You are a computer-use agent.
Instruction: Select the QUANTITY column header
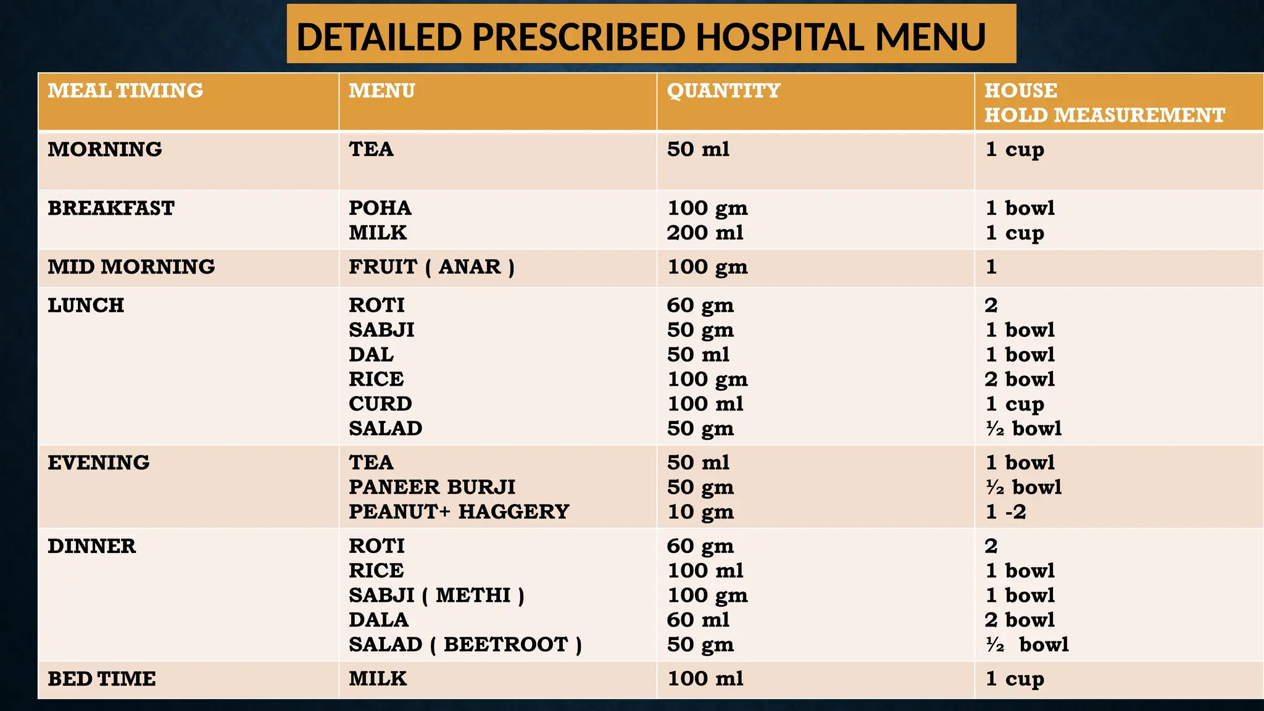click(723, 91)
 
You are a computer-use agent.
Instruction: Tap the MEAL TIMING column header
click(125, 91)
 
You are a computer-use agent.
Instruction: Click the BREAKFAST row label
click(111, 208)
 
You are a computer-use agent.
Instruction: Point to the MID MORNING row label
click(131, 267)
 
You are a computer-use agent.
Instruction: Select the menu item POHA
click(380, 208)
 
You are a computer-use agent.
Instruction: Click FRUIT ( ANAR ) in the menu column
click(431, 267)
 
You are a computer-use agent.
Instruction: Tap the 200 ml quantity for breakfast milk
click(705, 233)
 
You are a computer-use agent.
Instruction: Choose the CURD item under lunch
click(380, 404)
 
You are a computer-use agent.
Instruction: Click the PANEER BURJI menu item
click(432, 487)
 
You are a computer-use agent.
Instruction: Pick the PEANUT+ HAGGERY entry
click(459, 512)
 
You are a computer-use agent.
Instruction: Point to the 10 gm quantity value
click(701, 512)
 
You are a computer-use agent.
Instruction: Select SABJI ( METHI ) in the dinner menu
click(436, 595)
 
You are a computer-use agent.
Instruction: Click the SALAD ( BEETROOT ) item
click(465, 644)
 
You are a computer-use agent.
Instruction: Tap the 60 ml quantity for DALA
click(698, 620)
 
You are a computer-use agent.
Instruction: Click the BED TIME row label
click(102, 678)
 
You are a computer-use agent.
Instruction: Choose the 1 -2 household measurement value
click(1006, 512)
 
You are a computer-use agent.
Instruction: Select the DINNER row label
click(92, 546)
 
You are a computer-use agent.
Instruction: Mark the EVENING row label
click(99, 462)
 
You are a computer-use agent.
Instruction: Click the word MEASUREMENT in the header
click(1139, 115)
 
